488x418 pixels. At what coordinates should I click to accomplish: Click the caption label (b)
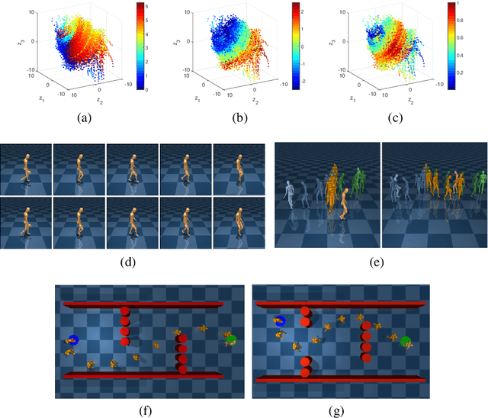[x=242, y=117]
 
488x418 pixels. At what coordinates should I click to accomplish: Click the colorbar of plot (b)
[x=297, y=46]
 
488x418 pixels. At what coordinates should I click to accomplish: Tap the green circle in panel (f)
[x=232, y=340]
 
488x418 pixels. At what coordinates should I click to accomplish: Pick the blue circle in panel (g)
[x=280, y=322]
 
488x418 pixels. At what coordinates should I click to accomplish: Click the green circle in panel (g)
[x=406, y=342]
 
